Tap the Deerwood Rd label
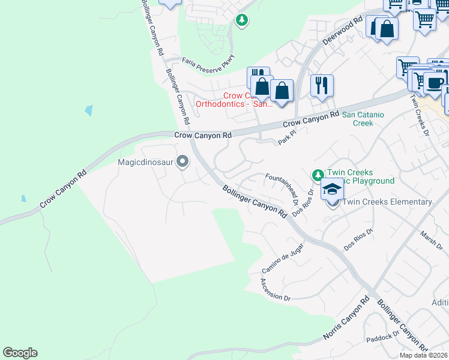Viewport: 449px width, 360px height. (343, 29)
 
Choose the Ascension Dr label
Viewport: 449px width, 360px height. (276, 290)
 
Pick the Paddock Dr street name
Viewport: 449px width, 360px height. (383, 336)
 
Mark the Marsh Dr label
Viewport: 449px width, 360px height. (431, 242)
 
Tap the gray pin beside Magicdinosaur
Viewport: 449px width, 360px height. (183, 162)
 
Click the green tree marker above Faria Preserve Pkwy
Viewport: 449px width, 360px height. (241, 21)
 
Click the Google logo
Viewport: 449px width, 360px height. (20, 353)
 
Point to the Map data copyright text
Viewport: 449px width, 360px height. (424, 355)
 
